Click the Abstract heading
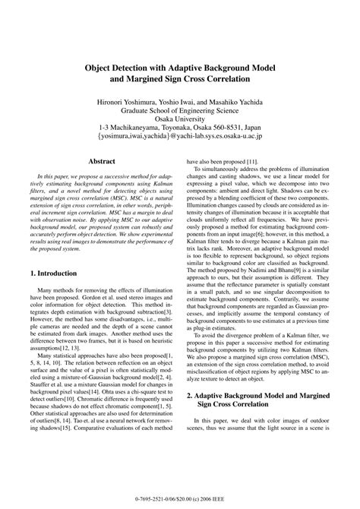[102, 161]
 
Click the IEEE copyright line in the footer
[180, 498]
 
